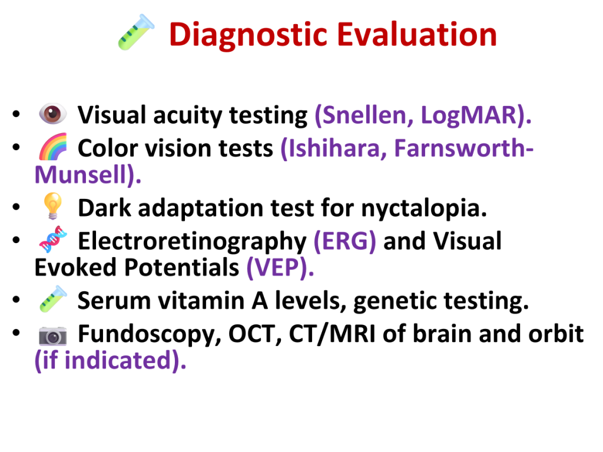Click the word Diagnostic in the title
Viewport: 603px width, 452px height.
[248, 35]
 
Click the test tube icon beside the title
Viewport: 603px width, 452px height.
[136, 32]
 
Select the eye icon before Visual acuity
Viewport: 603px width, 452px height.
[52, 114]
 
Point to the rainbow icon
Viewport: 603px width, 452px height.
[52, 147]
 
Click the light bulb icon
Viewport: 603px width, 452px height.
[52, 206]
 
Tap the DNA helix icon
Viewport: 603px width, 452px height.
[52, 239]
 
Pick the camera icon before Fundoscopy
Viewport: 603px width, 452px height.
[52, 335]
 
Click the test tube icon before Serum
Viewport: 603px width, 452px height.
[52, 298]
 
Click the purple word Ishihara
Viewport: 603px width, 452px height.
[334, 148]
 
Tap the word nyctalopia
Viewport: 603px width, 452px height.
[421, 210]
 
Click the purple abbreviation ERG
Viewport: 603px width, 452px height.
[345, 241]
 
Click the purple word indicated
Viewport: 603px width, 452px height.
[117, 361]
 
